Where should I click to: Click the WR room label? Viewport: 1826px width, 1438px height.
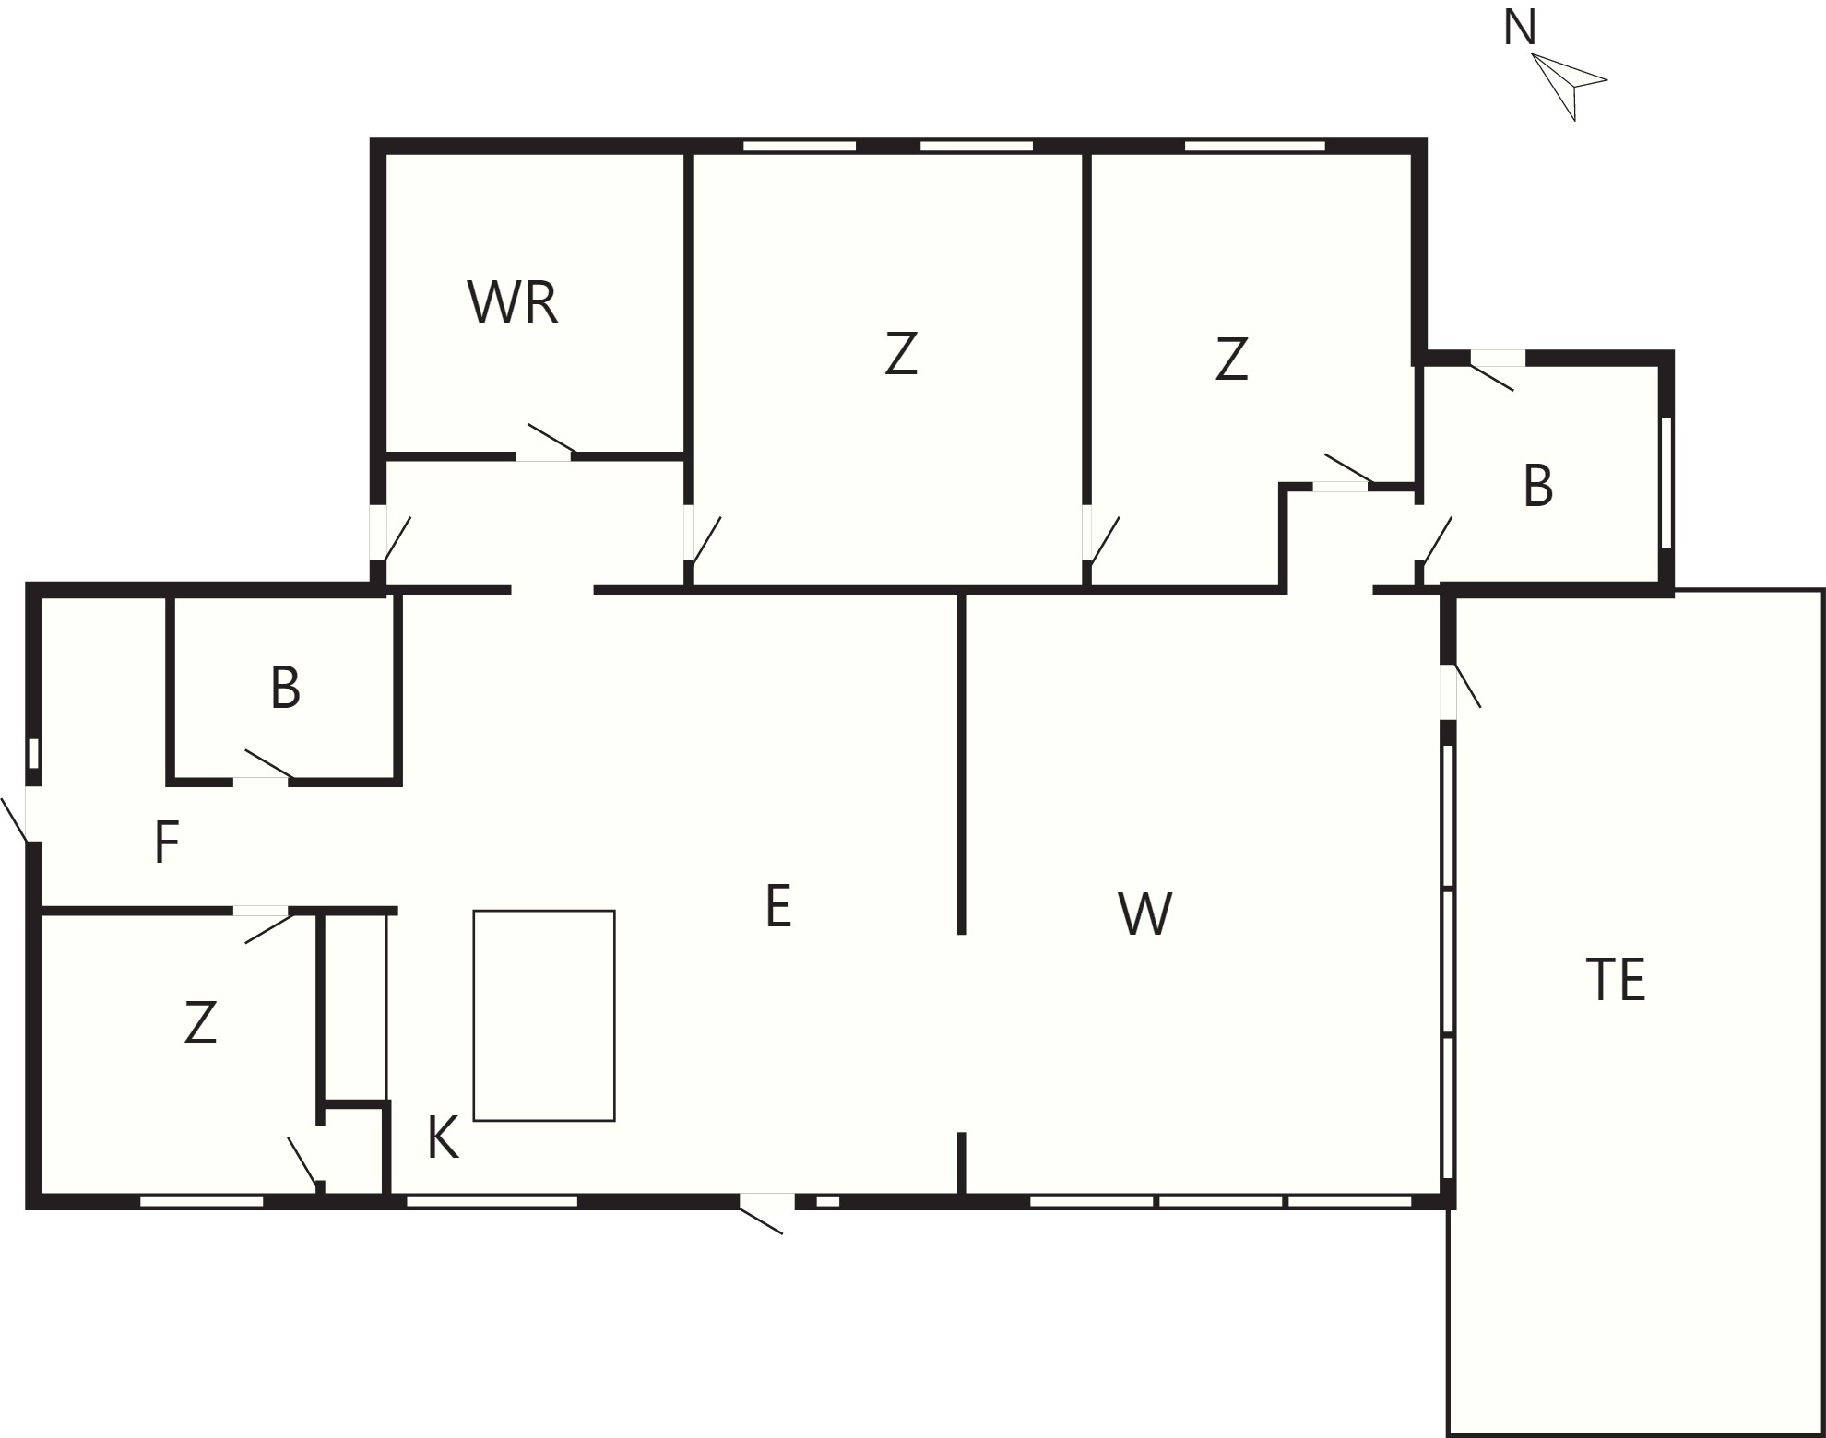click(513, 302)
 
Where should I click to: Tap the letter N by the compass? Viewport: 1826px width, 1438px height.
click(1520, 28)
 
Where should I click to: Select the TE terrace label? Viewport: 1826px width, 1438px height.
click(1616, 980)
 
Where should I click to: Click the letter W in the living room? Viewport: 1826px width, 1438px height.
click(1144, 914)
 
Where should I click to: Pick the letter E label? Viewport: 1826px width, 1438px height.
click(778, 906)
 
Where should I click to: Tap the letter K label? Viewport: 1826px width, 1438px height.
click(443, 1137)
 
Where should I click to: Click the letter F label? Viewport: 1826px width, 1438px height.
click(166, 843)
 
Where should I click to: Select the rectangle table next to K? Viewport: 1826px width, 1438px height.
click(544, 1016)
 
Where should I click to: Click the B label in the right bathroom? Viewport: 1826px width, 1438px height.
click(1537, 486)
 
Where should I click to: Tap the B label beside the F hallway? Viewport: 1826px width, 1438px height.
click(285, 688)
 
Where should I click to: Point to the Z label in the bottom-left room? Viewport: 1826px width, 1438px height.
click(200, 1023)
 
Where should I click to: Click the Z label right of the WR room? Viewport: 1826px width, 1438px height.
click(901, 354)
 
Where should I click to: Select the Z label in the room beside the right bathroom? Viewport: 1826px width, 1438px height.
click(1231, 359)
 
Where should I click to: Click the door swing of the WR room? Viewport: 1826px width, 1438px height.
click(551, 439)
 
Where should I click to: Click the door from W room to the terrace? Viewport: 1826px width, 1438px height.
click(1461, 686)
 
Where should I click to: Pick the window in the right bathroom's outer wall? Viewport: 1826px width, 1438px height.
click(1666, 483)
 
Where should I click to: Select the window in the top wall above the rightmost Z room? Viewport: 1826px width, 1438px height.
click(1254, 146)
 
